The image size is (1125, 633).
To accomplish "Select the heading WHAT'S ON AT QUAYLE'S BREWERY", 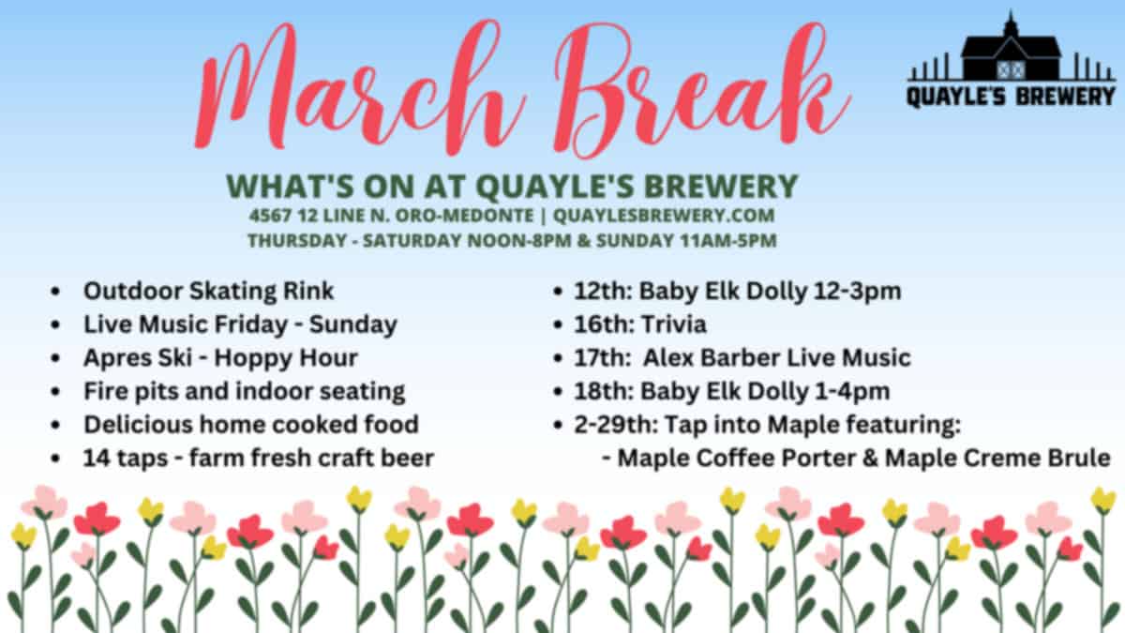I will pyautogui.click(x=513, y=185).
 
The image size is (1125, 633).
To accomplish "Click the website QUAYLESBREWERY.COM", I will pyautogui.click(x=664, y=216).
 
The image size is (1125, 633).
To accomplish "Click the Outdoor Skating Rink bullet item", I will pyautogui.click(x=208, y=291).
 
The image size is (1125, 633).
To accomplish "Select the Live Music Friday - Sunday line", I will pyautogui.click(x=240, y=324).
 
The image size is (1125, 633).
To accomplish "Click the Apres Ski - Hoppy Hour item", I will pyautogui.click(x=220, y=357).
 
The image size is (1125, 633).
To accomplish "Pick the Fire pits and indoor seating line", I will pyautogui.click(x=244, y=391).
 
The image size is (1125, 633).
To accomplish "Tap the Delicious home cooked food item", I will pyautogui.click(x=250, y=425).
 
